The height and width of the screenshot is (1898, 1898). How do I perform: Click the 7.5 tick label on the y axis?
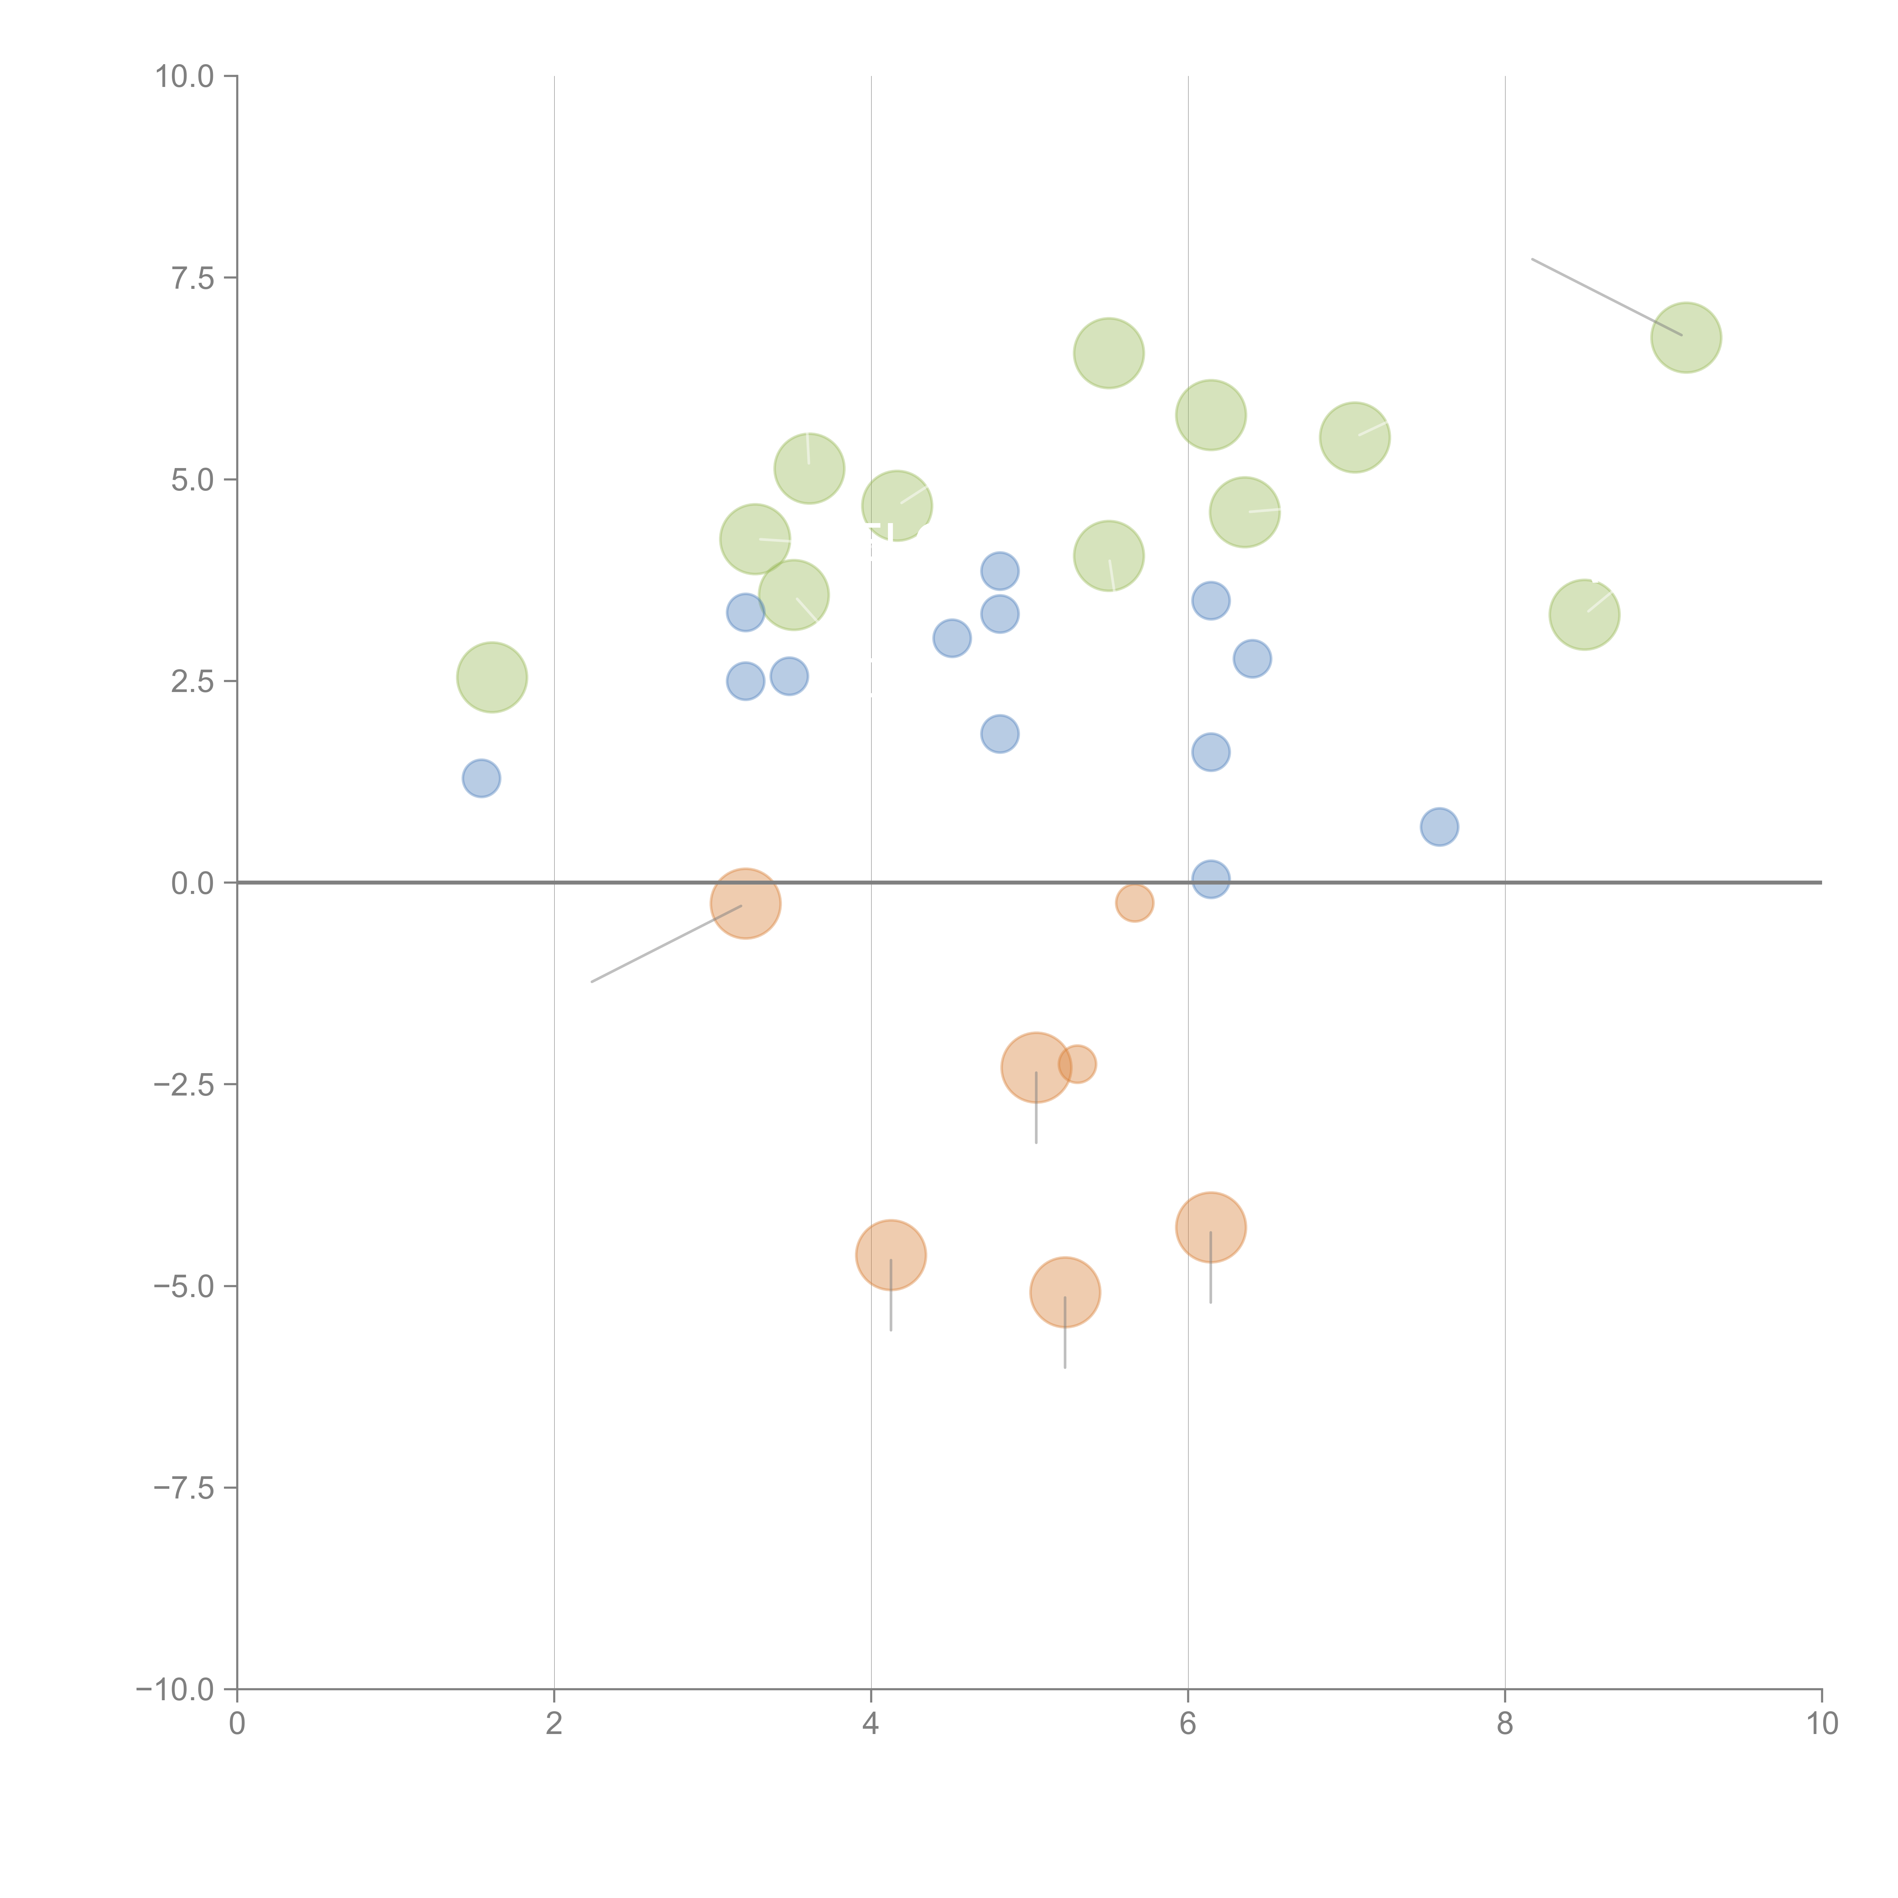click(x=192, y=278)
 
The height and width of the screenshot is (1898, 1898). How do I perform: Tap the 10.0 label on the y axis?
click(x=185, y=77)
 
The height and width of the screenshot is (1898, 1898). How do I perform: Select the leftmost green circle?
click(x=492, y=677)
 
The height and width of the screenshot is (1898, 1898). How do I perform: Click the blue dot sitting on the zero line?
click(x=1210, y=879)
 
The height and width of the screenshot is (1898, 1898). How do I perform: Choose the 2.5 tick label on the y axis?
click(x=192, y=682)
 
